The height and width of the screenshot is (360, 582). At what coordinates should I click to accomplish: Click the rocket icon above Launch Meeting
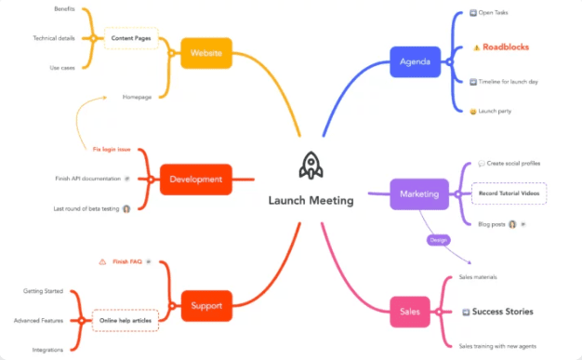tap(311, 167)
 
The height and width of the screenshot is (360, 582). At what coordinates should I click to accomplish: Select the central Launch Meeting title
tap(311, 200)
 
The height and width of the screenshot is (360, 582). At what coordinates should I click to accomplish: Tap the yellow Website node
tap(205, 53)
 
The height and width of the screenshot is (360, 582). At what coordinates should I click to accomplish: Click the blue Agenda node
tap(414, 62)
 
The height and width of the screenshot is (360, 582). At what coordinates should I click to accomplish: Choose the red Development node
tap(195, 179)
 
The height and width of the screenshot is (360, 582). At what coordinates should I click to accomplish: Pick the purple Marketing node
tap(418, 193)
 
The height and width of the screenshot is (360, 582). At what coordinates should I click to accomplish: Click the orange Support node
tap(205, 305)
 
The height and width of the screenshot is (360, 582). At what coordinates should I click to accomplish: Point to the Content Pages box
tap(130, 38)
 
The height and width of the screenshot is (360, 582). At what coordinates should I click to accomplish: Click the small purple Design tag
tap(438, 240)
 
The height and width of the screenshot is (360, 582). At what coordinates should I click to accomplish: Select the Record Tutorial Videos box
tap(509, 193)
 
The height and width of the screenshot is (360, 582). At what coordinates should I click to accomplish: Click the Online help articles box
tap(126, 320)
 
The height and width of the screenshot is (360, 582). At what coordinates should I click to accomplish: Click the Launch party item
tap(496, 111)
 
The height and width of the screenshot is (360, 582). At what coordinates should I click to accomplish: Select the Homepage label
tap(137, 97)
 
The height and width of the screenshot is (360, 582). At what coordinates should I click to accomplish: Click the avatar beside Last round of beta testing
tap(126, 208)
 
